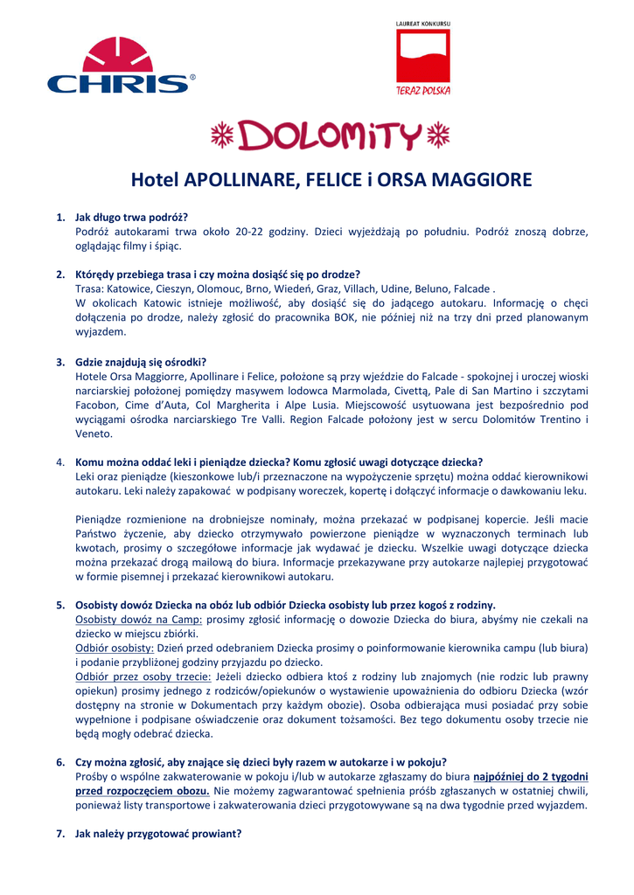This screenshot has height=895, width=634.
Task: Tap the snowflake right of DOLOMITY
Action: (x=436, y=135)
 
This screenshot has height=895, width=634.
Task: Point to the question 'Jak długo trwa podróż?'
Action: (x=132, y=217)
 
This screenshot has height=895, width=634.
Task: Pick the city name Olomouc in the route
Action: (x=232, y=288)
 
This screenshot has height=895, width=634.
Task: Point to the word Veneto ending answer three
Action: (x=94, y=434)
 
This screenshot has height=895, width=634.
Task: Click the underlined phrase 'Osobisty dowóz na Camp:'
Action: (x=139, y=620)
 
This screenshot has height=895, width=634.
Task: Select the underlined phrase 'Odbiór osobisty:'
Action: (x=115, y=649)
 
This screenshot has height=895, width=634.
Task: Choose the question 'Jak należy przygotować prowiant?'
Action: (x=158, y=834)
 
